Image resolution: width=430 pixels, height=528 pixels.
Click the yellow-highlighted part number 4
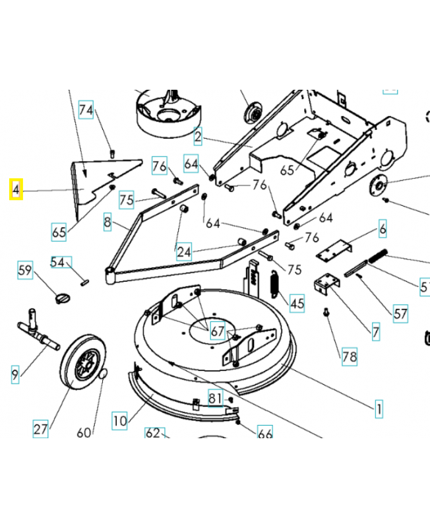pos(16,190)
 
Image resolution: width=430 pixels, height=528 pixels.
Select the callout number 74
pos(86,110)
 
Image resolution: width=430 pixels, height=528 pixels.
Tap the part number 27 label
pos(40,429)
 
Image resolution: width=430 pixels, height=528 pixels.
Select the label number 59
pos(25,270)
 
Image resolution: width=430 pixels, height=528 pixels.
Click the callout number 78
pos(349,357)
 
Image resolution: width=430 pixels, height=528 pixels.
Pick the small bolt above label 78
pos(326,313)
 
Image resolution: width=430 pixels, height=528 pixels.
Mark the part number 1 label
pos(379,409)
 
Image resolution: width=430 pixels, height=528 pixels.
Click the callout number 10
pos(119,420)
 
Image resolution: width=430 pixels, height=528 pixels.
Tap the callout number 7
pos(375,331)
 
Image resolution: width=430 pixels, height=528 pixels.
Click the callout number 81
pos(216,399)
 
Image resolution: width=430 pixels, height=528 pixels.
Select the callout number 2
pos(197,137)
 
